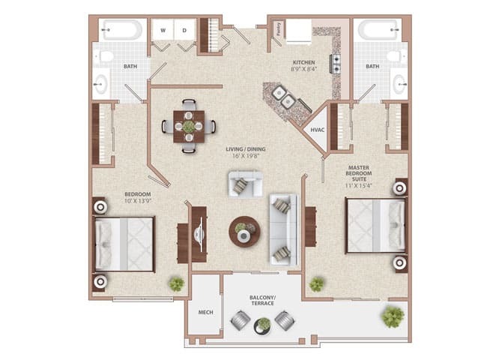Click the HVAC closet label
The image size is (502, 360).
point(318,130)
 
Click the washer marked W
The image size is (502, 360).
point(163,30)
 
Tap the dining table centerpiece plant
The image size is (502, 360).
point(189,126)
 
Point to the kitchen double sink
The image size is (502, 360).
point(282,95)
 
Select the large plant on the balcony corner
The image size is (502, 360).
point(392,317)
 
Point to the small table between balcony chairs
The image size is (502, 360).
point(263,325)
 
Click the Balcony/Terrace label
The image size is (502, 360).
point(262,302)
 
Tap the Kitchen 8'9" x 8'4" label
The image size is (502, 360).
point(303,66)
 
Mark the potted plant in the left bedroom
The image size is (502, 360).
point(176,284)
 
